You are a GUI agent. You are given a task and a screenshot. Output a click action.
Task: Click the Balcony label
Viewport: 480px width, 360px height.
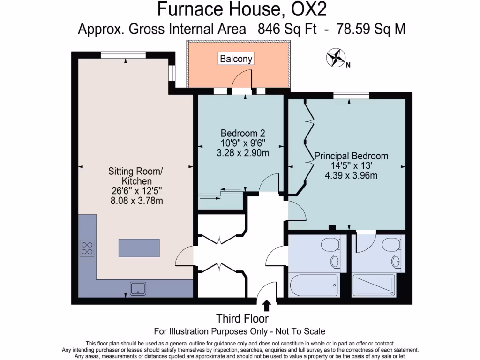click(236, 59)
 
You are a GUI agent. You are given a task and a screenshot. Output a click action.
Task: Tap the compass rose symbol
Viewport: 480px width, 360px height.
click(336, 58)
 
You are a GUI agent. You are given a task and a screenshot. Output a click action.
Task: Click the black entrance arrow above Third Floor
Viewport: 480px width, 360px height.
click(267, 306)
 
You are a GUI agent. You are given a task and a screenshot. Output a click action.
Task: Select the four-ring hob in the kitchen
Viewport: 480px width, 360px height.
click(87, 247)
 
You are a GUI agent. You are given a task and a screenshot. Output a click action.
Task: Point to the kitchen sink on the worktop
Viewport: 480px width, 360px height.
click(138, 288)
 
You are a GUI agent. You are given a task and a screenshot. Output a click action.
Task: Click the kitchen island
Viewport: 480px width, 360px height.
click(139, 247)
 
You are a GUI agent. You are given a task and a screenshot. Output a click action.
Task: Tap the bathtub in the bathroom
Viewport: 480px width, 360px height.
click(314, 285)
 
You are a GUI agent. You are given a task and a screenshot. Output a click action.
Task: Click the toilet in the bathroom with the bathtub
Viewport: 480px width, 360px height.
click(330, 245)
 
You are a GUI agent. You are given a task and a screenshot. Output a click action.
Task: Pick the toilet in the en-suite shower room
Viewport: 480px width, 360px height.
click(390, 244)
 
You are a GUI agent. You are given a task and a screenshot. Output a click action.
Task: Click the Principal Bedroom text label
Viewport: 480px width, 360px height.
click(351, 156)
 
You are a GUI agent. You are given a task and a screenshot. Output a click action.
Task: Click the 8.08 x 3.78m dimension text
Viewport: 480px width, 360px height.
click(136, 201)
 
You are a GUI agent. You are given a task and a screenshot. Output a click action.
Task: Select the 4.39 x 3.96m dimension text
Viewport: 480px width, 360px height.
click(351, 176)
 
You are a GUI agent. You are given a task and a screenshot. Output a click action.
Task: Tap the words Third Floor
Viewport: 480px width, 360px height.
click(242, 319)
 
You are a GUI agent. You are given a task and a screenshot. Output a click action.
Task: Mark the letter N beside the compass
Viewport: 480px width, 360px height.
click(348, 66)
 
